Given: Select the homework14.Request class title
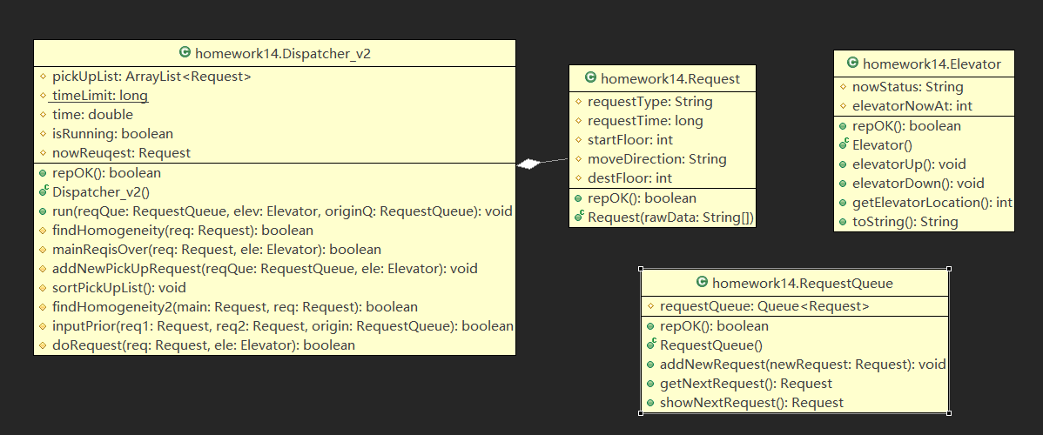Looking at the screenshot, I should click(670, 78).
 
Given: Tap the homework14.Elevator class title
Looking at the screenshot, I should click(931, 64).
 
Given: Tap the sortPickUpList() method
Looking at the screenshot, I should click(118, 288).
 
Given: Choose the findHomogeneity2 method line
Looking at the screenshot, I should click(234, 307).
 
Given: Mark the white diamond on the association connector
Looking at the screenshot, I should click(529, 164).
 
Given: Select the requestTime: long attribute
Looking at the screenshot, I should click(645, 121).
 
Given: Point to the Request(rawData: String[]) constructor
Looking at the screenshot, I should click(670, 217).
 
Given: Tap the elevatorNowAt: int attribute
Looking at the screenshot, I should click(912, 106).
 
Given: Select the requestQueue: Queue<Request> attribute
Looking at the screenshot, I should click(764, 306).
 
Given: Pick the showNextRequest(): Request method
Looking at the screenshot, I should click(751, 403).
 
